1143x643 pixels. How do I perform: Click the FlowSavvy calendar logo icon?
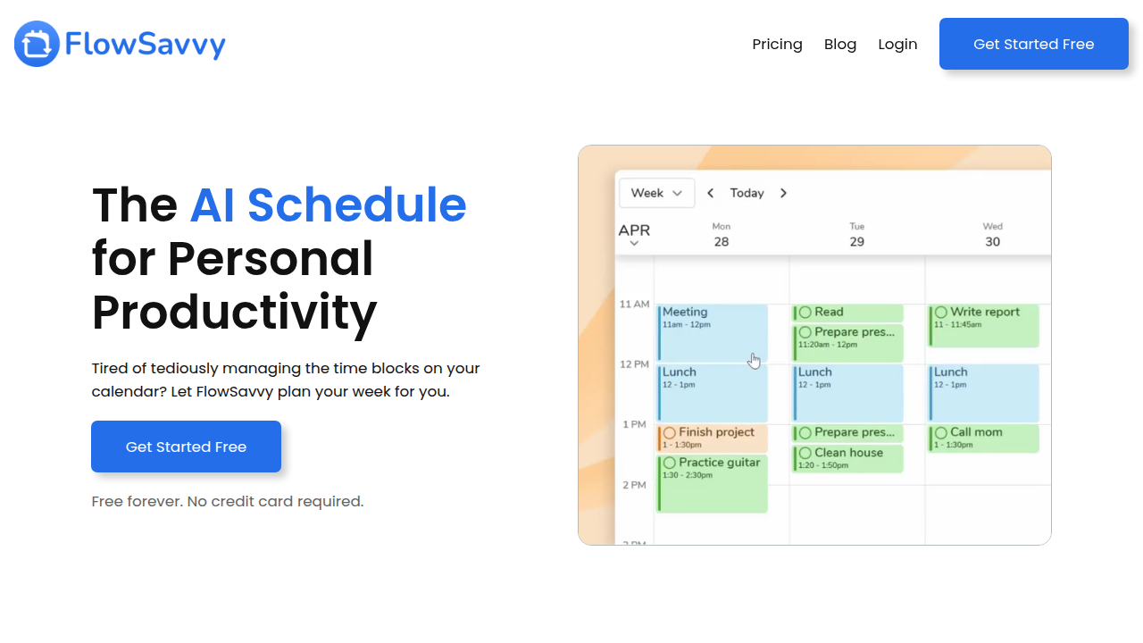[37, 44]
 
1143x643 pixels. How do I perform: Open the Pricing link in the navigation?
[777, 45]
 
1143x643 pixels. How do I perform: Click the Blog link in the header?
[840, 45]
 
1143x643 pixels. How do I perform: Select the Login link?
[897, 45]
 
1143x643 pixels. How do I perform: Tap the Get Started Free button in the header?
[1034, 44]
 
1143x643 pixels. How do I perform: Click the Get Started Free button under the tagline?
[187, 447]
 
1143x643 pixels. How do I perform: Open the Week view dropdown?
[656, 193]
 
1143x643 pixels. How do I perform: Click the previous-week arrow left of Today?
[710, 193]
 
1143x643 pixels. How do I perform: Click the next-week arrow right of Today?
[783, 193]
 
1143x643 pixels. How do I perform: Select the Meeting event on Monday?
[713, 333]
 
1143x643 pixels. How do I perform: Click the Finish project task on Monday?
[713, 438]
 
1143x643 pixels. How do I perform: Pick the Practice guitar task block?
[713, 483]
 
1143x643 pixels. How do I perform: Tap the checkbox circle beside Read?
[805, 312]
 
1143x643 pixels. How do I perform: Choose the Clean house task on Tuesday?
[847, 458]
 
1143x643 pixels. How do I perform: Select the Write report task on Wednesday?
[983, 326]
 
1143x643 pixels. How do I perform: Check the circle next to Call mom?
[941, 433]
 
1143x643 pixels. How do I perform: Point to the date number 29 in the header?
[856, 242]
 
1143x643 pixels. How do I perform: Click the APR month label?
[634, 230]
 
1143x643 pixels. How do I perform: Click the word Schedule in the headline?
[356, 205]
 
